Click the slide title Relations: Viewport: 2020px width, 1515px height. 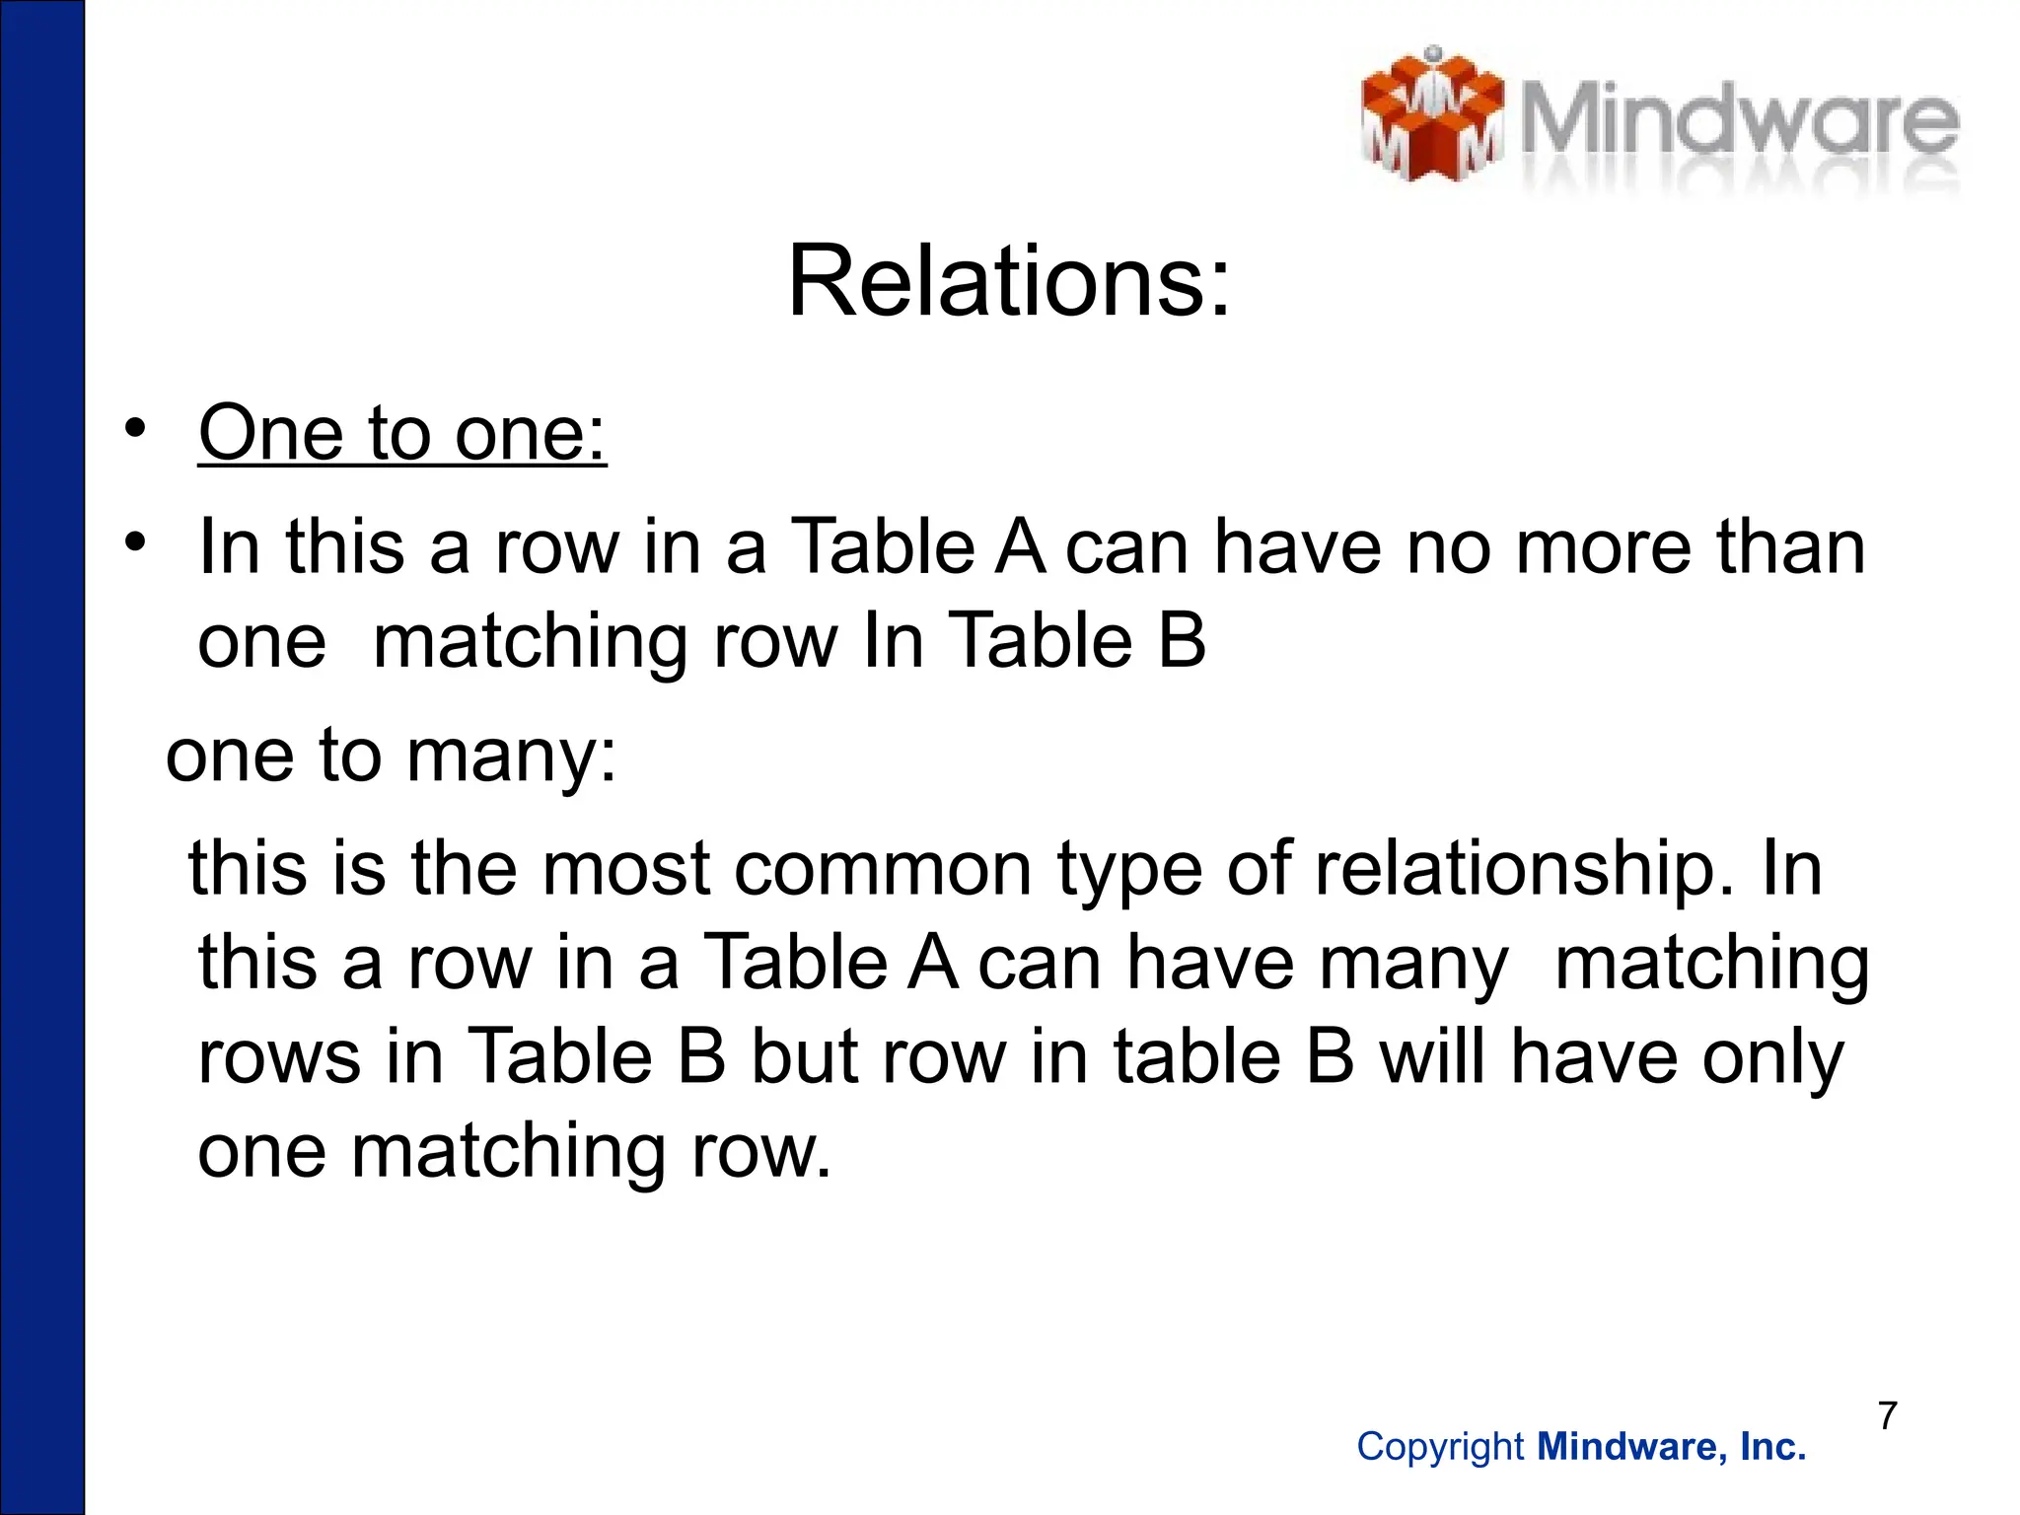1009,283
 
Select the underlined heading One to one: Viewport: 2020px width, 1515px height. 402,433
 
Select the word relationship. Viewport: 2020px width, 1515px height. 1521,870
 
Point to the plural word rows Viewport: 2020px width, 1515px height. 279,1058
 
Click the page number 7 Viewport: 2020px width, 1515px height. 1888,1415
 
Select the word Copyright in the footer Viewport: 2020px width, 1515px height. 1440,1447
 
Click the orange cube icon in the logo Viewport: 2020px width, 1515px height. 1431,116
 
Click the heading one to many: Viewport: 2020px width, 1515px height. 391,756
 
